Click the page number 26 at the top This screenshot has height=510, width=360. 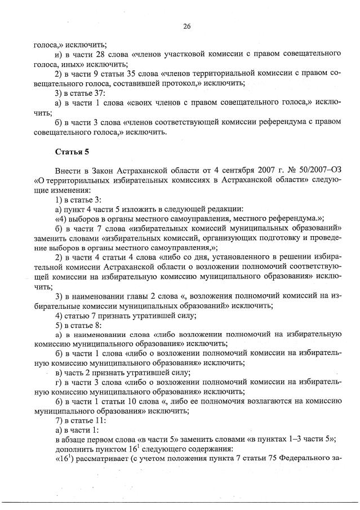click(186, 26)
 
